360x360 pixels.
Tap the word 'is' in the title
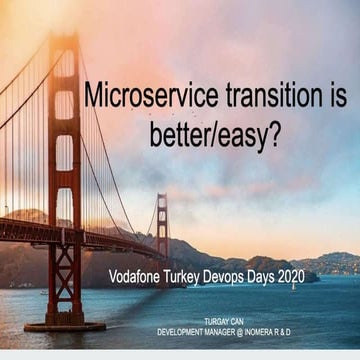tap(335, 97)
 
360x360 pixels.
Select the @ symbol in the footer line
tap(253, 331)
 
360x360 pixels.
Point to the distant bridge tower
tap(162, 226)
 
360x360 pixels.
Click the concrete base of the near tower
tap(65, 325)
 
